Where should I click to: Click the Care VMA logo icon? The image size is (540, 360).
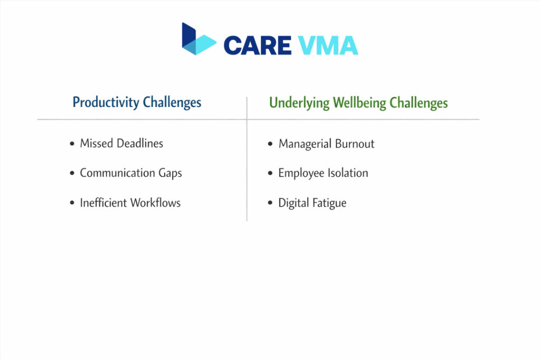tap(198, 40)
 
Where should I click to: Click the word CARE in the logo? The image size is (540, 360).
tap(257, 46)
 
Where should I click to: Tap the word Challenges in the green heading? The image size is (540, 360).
tap(419, 102)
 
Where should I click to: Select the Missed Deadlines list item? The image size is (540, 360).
tap(121, 143)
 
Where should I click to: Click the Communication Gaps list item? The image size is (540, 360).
tap(131, 173)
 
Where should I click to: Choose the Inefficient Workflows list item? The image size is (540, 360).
tap(130, 203)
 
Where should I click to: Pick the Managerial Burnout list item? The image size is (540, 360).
tap(326, 144)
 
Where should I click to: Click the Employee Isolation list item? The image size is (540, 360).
tap(323, 173)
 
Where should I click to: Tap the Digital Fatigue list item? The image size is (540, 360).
tap(312, 203)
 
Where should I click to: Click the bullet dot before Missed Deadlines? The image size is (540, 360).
tap(72, 144)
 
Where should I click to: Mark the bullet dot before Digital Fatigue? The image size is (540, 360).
tap(271, 203)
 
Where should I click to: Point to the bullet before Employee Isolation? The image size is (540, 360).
tap(271, 173)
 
